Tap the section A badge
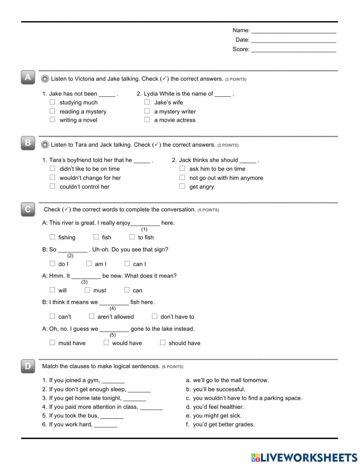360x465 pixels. point(28,77)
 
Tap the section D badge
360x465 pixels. point(28,366)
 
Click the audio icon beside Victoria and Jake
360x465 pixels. point(45,79)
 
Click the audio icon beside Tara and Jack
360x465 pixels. point(45,145)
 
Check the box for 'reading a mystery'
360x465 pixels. point(53,111)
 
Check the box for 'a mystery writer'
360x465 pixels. point(147,111)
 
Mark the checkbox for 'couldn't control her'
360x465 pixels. point(53,186)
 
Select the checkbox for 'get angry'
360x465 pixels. point(182,186)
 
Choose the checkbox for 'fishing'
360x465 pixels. point(53,237)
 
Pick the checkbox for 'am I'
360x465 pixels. point(89,264)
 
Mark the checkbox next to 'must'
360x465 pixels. point(87,290)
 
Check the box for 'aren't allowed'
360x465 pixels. point(91,316)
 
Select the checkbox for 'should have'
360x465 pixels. point(163,343)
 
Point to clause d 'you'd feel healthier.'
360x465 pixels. point(218,407)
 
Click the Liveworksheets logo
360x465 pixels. point(304,457)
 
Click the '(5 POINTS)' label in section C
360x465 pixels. point(208,210)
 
